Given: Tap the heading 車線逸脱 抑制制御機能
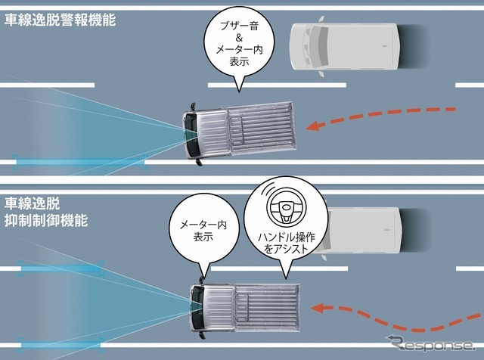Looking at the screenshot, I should click(45, 213).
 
